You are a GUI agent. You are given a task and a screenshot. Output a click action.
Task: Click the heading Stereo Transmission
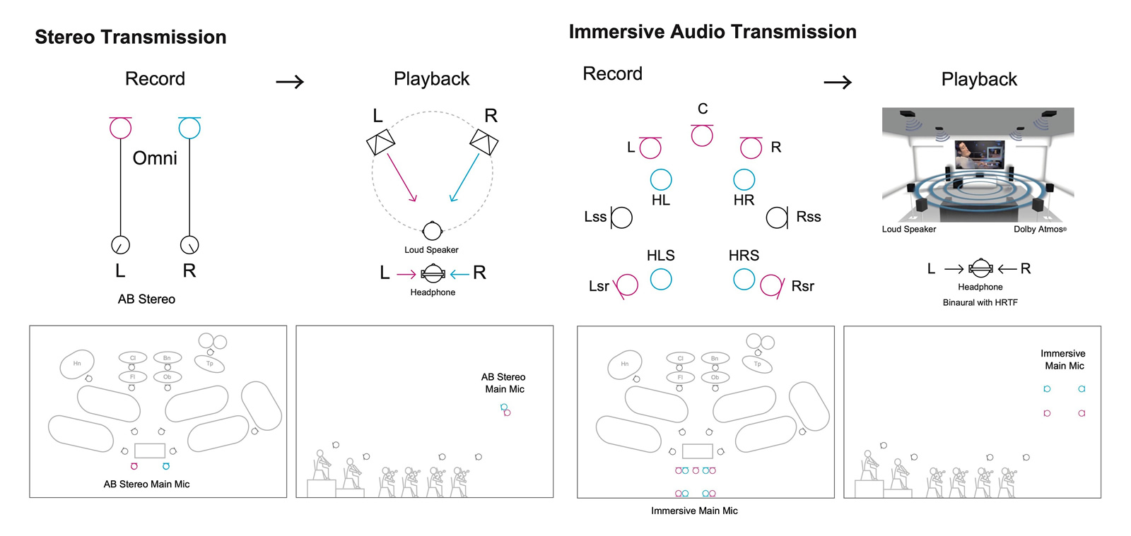(131, 37)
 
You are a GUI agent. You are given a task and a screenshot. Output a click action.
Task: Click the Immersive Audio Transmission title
(713, 32)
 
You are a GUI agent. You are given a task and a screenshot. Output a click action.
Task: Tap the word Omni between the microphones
(155, 158)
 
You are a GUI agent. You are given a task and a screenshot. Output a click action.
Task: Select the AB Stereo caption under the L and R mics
(146, 299)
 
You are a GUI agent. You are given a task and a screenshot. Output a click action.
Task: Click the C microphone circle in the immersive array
(702, 136)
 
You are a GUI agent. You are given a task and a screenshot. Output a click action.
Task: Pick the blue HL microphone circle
(661, 179)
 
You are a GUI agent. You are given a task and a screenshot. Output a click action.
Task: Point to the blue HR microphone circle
(744, 179)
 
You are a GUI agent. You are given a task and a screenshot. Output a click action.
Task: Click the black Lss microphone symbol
(621, 218)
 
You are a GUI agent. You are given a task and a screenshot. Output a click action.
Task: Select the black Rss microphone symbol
(777, 218)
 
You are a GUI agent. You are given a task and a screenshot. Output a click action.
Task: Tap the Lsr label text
(599, 286)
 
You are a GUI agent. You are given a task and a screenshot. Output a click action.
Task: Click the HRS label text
(744, 256)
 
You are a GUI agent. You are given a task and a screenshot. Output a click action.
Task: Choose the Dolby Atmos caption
(1039, 230)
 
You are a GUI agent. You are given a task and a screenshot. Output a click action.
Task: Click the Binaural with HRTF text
(980, 302)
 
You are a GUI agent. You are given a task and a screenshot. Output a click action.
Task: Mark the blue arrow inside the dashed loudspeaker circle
(464, 178)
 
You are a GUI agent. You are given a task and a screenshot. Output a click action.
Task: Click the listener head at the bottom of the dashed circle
(432, 231)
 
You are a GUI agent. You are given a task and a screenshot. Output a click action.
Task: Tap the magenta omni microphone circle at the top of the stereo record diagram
(120, 129)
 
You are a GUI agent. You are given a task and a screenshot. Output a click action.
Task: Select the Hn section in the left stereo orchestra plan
(78, 364)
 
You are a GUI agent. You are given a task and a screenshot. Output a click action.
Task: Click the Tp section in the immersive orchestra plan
(758, 364)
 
